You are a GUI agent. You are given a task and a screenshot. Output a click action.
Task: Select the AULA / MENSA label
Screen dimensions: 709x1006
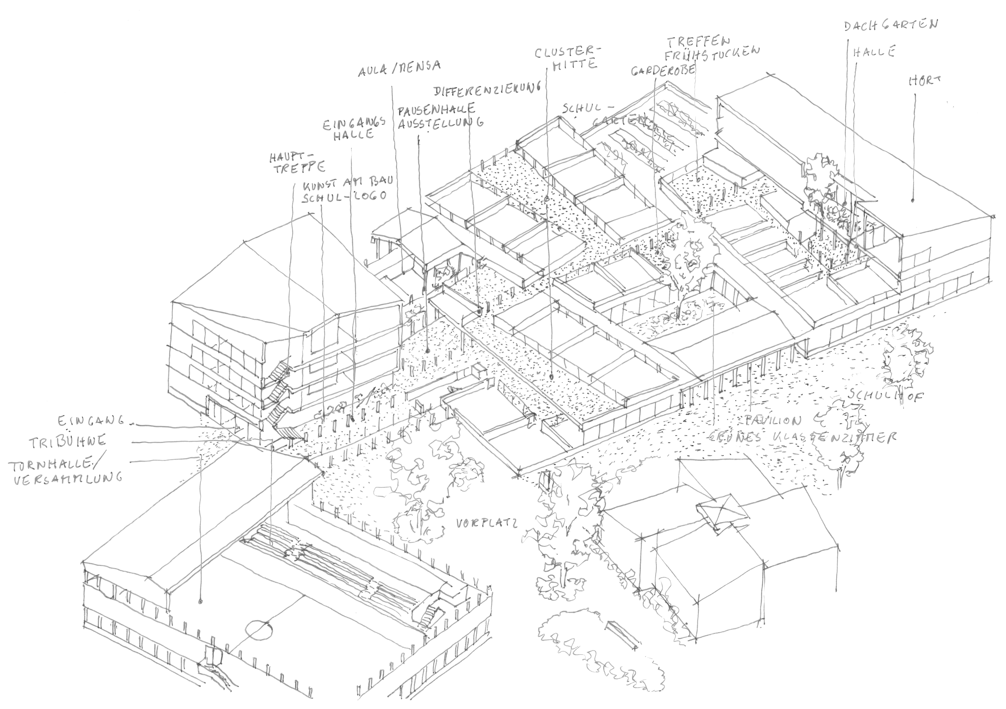tap(399, 68)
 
